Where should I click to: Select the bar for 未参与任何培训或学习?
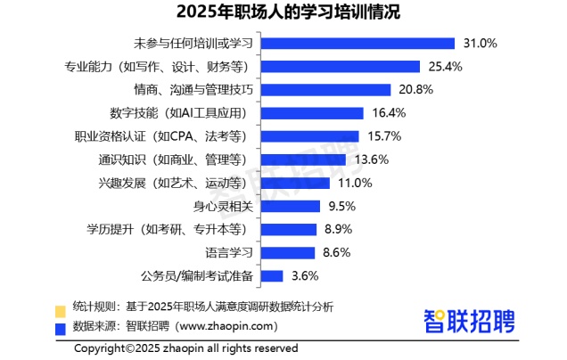click(x=361, y=43)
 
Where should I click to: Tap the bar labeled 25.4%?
click(x=343, y=66)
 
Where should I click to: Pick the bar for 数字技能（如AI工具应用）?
click(x=315, y=113)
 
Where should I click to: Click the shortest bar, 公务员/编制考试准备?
click(x=274, y=276)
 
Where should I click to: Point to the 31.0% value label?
click(x=480, y=43)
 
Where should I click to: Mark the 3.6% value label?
click(x=305, y=276)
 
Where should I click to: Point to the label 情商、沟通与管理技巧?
click(x=194, y=90)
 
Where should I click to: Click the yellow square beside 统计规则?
click(x=61, y=310)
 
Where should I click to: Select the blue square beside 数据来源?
click(x=61, y=328)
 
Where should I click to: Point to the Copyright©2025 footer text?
click(x=185, y=348)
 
